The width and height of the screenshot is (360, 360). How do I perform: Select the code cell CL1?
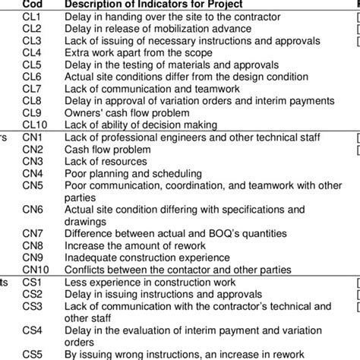[x=32, y=17]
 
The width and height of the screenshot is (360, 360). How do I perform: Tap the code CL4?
[x=32, y=54]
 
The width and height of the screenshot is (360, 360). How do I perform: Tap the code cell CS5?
[x=33, y=353]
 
